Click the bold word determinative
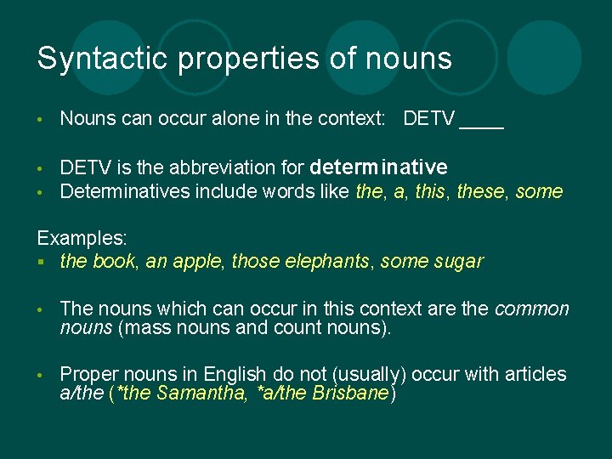[x=379, y=167]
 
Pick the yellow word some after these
[x=539, y=191]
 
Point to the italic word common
[x=531, y=309]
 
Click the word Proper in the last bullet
[x=88, y=374]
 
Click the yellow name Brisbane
[x=349, y=393]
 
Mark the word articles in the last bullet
[x=535, y=374]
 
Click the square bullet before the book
[x=41, y=262]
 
